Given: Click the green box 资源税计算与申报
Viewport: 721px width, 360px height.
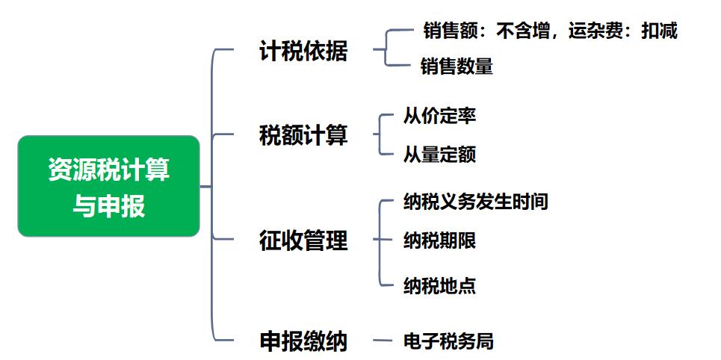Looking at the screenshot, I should point(108,186).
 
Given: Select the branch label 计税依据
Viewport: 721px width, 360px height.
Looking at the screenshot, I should point(303,51).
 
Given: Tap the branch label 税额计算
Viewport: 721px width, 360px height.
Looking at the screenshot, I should point(303,136).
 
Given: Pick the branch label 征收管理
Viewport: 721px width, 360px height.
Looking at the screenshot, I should point(303,240).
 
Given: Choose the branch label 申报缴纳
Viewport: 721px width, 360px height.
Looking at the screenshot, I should point(303,341).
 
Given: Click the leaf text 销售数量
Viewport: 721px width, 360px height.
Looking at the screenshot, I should point(457,66).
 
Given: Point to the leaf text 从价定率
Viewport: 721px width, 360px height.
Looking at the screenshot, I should point(439,116).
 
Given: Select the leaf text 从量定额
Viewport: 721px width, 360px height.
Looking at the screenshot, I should point(439,155).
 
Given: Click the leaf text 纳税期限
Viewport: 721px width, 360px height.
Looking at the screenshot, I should point(439,240).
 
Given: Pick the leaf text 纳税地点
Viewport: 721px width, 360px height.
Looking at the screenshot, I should point(439,285).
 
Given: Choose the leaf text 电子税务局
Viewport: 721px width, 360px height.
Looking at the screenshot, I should point(448,341).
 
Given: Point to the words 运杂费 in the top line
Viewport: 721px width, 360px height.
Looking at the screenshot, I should point(594,31).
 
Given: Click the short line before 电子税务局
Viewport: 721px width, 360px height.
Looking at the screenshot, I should point(383,341).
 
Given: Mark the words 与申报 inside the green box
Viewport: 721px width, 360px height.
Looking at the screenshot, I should point(108,205).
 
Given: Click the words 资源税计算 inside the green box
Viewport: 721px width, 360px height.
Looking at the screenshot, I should point(108,169).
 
